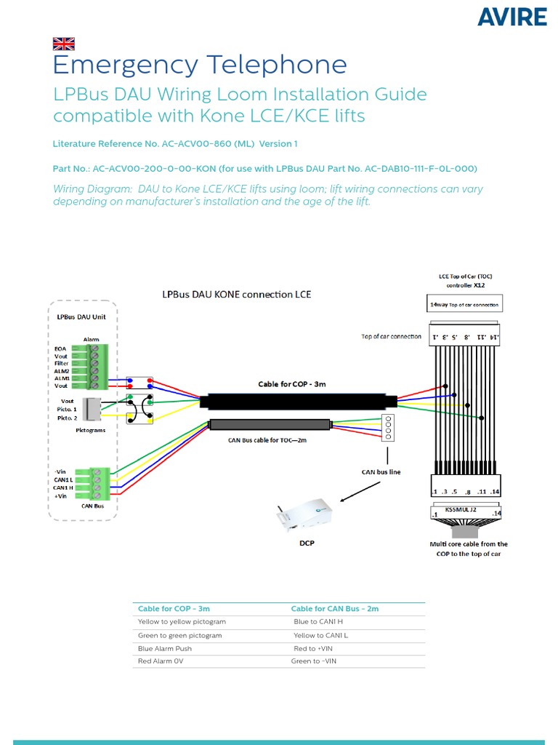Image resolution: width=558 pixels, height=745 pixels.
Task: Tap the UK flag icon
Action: pos(63,44)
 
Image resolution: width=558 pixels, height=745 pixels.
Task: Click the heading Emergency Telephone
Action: pos(200,65)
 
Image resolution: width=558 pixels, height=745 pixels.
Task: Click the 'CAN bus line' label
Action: pos(381,472)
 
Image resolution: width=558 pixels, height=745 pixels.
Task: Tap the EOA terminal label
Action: pos(60,349)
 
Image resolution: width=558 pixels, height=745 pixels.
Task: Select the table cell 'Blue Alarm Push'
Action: pos(165,648)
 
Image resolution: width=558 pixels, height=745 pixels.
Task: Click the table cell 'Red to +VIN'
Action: pos(313,648)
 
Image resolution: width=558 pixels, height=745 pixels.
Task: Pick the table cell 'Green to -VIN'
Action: pos(313,661)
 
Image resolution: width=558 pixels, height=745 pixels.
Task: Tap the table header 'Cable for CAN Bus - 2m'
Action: pos(335,608)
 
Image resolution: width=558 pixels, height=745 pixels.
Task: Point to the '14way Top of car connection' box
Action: pos(463,305)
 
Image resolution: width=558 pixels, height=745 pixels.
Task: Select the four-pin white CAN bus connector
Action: pos(387,428)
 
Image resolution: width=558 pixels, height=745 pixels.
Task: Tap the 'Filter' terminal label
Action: pos(61,364)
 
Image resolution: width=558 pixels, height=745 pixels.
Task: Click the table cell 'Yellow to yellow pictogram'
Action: pos(182,622)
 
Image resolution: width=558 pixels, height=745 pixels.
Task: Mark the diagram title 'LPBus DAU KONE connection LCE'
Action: pos(236,295)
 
